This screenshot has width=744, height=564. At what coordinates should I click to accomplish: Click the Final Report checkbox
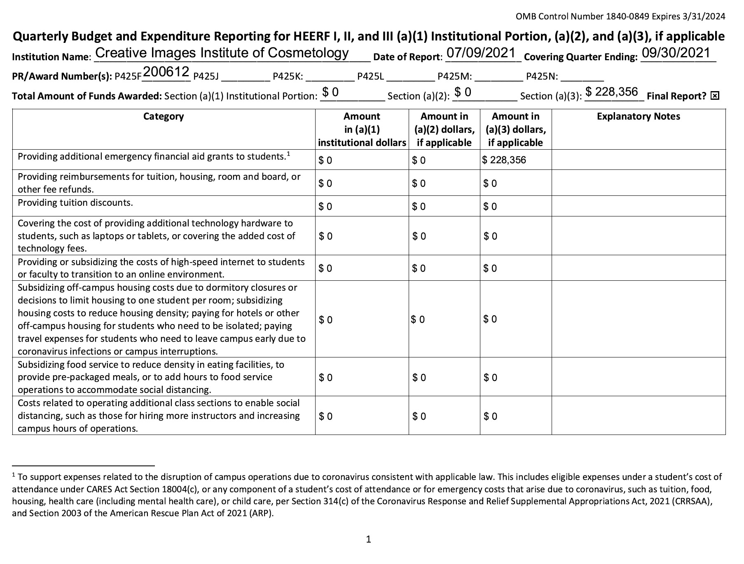[x=715, y=96]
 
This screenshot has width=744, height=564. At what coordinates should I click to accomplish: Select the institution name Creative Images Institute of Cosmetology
[x=222, y=53]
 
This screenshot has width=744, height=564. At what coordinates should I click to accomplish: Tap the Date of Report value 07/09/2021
[x=481, y=53]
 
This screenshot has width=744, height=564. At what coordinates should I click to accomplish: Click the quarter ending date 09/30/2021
[x=676, y=53]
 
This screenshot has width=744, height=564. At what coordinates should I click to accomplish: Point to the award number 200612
[x=166, y=72]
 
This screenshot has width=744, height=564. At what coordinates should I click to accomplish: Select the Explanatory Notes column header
[x=638, y=116]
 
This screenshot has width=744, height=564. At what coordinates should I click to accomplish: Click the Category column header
[x=164, y=116]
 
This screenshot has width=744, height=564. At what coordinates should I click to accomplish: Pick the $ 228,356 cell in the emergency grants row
[x=504, y=160]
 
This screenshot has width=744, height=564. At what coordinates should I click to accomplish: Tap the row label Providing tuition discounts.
[x=75, y=203]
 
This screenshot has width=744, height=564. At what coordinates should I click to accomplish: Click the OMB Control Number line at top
[x=620, y=16]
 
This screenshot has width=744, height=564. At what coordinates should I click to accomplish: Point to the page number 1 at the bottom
[x=368, y=539]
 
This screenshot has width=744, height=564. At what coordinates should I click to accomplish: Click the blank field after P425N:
[x=582, y=77]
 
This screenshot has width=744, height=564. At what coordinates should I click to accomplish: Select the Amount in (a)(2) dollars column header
[x=444, y=129]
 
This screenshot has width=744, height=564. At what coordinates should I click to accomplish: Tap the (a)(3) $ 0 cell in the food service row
[x=490, y=378]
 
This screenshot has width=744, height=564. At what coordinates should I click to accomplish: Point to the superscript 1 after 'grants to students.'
[x=289, y=154]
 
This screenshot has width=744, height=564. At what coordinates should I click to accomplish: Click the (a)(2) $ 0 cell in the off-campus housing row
[x=418, y=320]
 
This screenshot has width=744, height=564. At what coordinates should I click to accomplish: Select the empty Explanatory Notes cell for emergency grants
[x=638, y=160]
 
